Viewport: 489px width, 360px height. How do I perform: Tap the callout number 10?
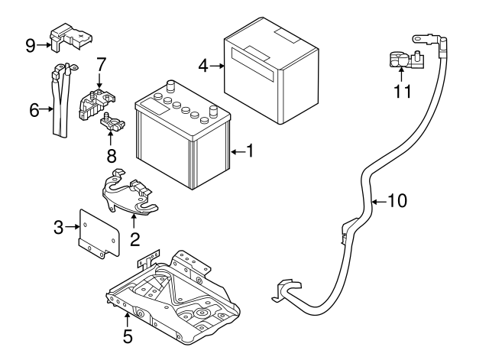[397, 201]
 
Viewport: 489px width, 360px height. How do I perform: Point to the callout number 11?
[403, 92]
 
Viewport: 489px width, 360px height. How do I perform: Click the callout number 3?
[58, 226]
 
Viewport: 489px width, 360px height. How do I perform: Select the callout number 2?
[134, 239]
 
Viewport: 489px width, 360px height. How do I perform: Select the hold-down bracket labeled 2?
[130, 195]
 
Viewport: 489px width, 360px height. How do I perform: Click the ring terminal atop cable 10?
[418, 36]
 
